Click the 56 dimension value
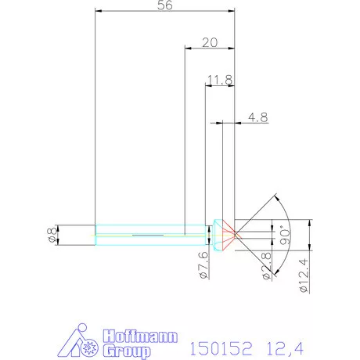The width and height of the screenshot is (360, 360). pos(164,5)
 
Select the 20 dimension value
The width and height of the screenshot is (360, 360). pos(209,43)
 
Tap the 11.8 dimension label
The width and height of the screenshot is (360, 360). pos(220,79)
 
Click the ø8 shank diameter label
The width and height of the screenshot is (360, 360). pos(52,235)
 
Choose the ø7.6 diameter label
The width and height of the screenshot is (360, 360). pos(203,265)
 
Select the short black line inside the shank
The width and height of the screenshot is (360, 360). pos(149,234)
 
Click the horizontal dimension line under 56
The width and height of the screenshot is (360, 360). pos(164,11)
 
